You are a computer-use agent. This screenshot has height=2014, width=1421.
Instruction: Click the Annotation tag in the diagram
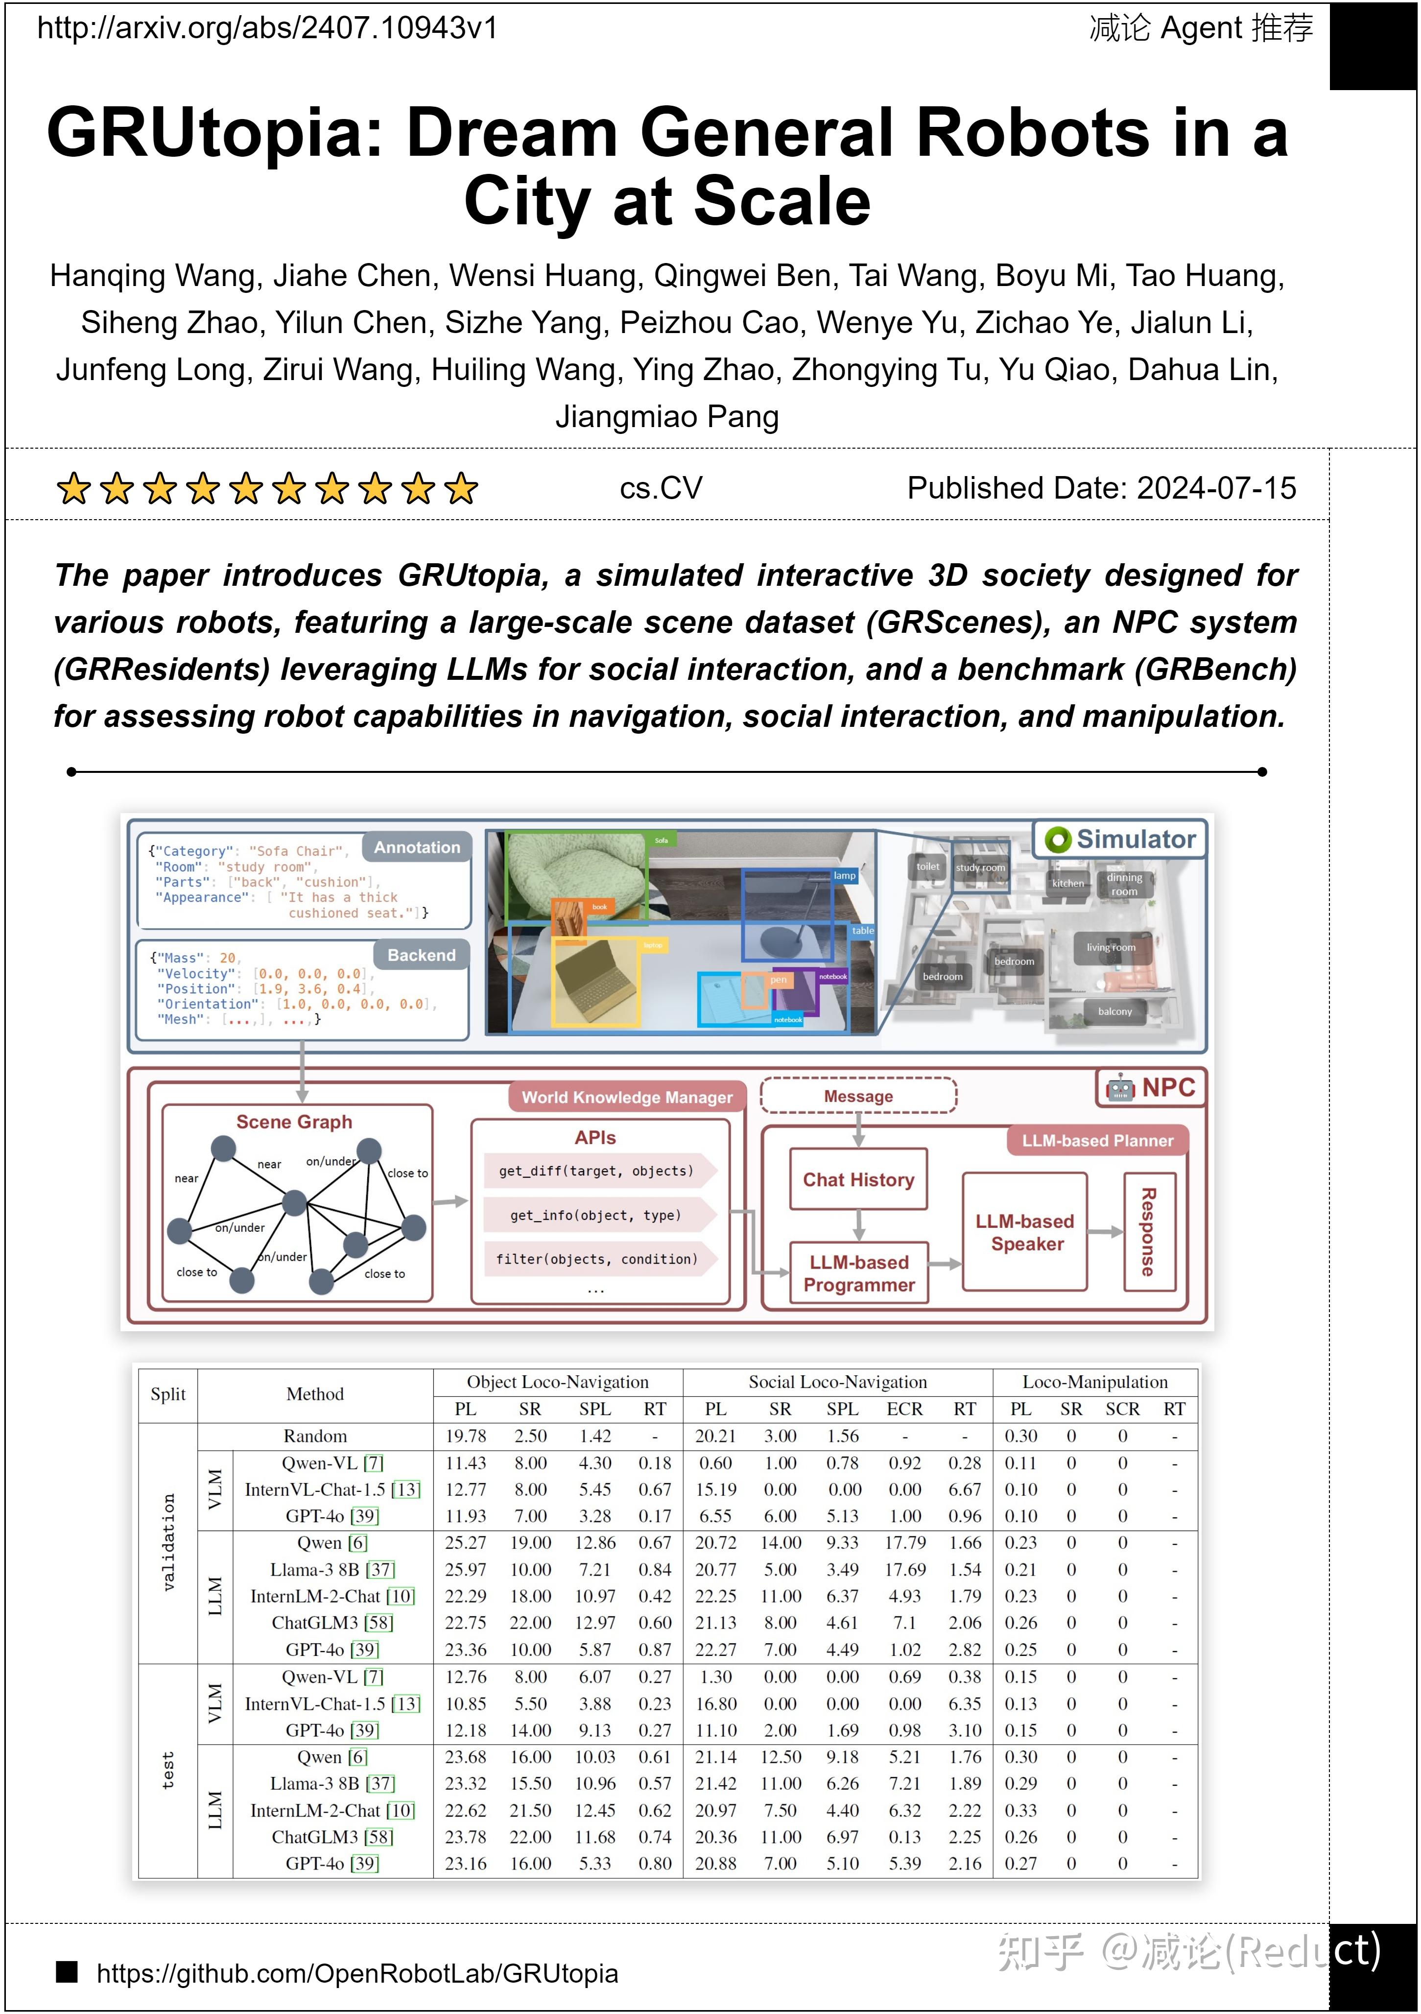pos(417,847)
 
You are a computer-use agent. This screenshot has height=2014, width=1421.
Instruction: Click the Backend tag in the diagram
pos(421,955)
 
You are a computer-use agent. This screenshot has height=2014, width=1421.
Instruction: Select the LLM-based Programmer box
pos(859,1273)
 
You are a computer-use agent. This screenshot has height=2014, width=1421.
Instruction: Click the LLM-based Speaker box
pos(1024,1232)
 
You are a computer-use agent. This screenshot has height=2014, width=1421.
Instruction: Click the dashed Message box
pos(858,1097)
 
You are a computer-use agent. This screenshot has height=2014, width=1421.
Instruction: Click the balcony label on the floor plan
pos(1115,1011)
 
